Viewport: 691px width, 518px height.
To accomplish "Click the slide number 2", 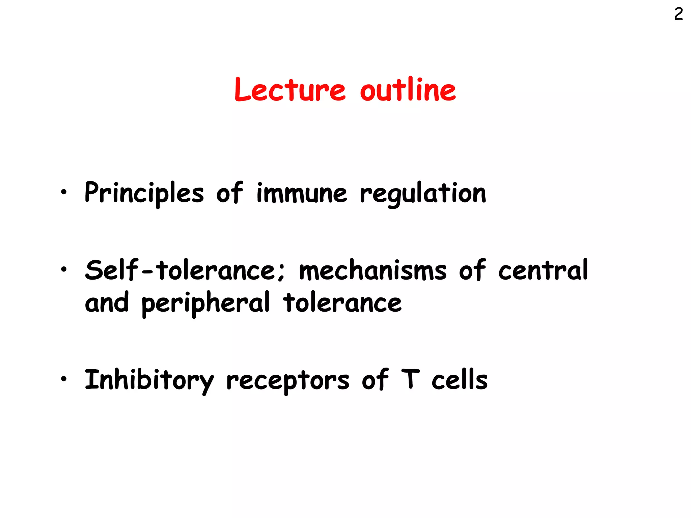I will (679, 14).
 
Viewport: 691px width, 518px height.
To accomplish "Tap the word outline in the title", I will (408, 89).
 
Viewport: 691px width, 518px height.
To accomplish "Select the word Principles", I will (144, 193).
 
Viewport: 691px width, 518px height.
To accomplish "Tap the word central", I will (543, 270).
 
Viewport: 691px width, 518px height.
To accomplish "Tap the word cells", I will (460, 380).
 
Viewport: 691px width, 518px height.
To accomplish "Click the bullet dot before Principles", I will (63, 192).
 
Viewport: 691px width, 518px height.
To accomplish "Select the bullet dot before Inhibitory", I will (63, 379).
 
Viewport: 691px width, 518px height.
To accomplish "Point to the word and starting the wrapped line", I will (107, 303).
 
